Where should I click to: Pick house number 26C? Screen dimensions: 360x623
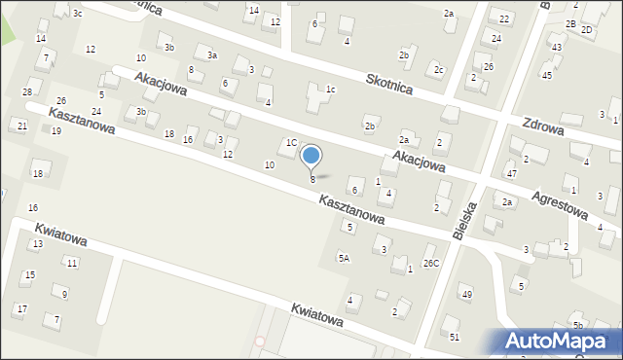[x=430, y=263]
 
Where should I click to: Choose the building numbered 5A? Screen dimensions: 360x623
[x=344, y=258]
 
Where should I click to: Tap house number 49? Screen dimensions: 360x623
[x=467, y=295]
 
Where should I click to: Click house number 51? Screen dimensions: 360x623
[x=455, y=337]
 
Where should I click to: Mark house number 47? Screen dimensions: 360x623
[x=511, y=173]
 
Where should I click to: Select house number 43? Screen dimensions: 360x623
[x=556, y=48]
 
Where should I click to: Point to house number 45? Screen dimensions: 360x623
[x=547, y=75]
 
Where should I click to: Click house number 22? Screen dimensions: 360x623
[x=504, y=19]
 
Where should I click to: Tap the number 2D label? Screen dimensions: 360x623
[x=586, y=29]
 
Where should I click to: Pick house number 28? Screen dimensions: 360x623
[x=27, y=91]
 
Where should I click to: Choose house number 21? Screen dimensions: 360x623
[x=21, y=126]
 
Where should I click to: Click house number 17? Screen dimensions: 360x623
[x=21, y=309]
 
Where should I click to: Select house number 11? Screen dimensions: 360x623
[x=71, y=263]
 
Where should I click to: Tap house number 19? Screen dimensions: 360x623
[x=55, y=130]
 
